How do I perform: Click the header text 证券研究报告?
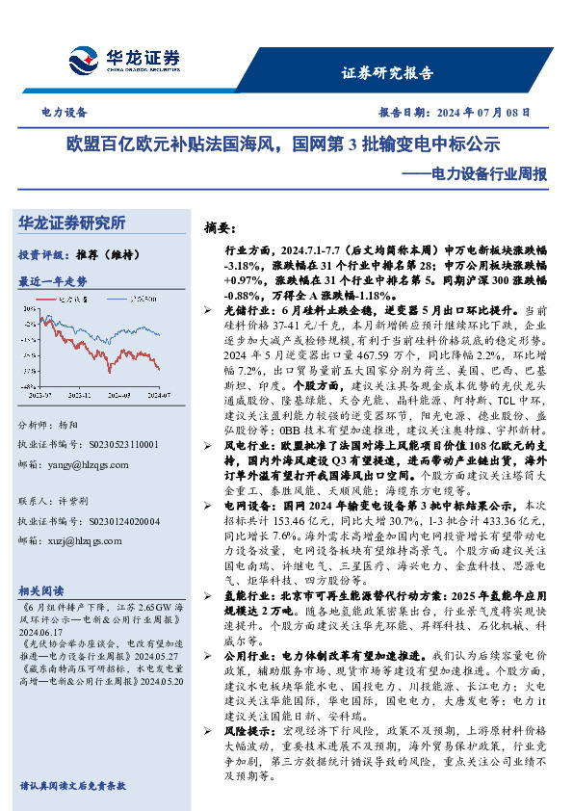387,73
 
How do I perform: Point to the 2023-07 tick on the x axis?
57,393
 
